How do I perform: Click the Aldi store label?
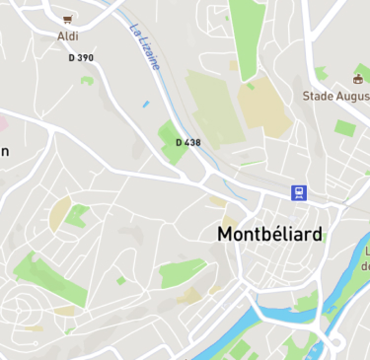click(x=68, y=36)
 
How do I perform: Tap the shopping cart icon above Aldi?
click(x=68, y=20)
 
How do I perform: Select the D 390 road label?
click(x=81, y=58)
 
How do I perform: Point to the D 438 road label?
click(x=188, y=143)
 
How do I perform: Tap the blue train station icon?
click(x=298, y=192)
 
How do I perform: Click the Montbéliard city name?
click(x=270, y=234)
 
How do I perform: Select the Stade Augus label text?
click(x=335, y=96)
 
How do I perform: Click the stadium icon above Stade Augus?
click(x=358, y=78)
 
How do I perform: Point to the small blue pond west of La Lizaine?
click(x=146, y=104)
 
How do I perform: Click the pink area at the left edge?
click(x=3, y=123)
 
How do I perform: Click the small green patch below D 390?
click(x=87, y=80)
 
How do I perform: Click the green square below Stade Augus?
click(x=345, y=128)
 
